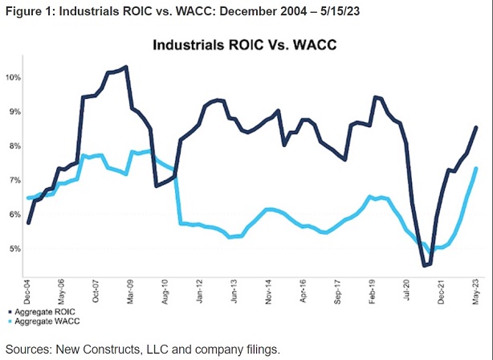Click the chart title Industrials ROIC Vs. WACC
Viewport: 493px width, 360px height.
[246, 46]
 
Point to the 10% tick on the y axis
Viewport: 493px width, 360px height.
[14, 78]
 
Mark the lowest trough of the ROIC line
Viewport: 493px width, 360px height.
[425, 265]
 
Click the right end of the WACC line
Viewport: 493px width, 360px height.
[477, 168]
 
